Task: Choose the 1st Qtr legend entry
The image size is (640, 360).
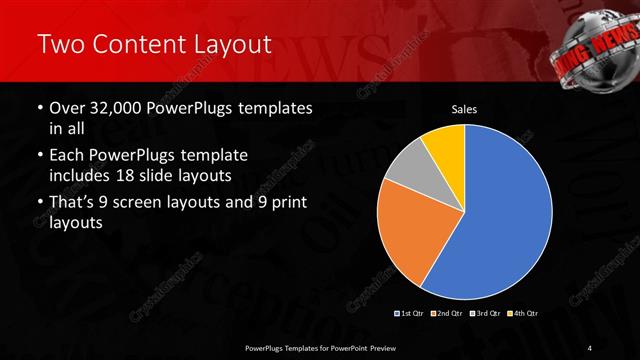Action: click(410, 314)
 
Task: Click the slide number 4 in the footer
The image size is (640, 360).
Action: click(590, 347)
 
